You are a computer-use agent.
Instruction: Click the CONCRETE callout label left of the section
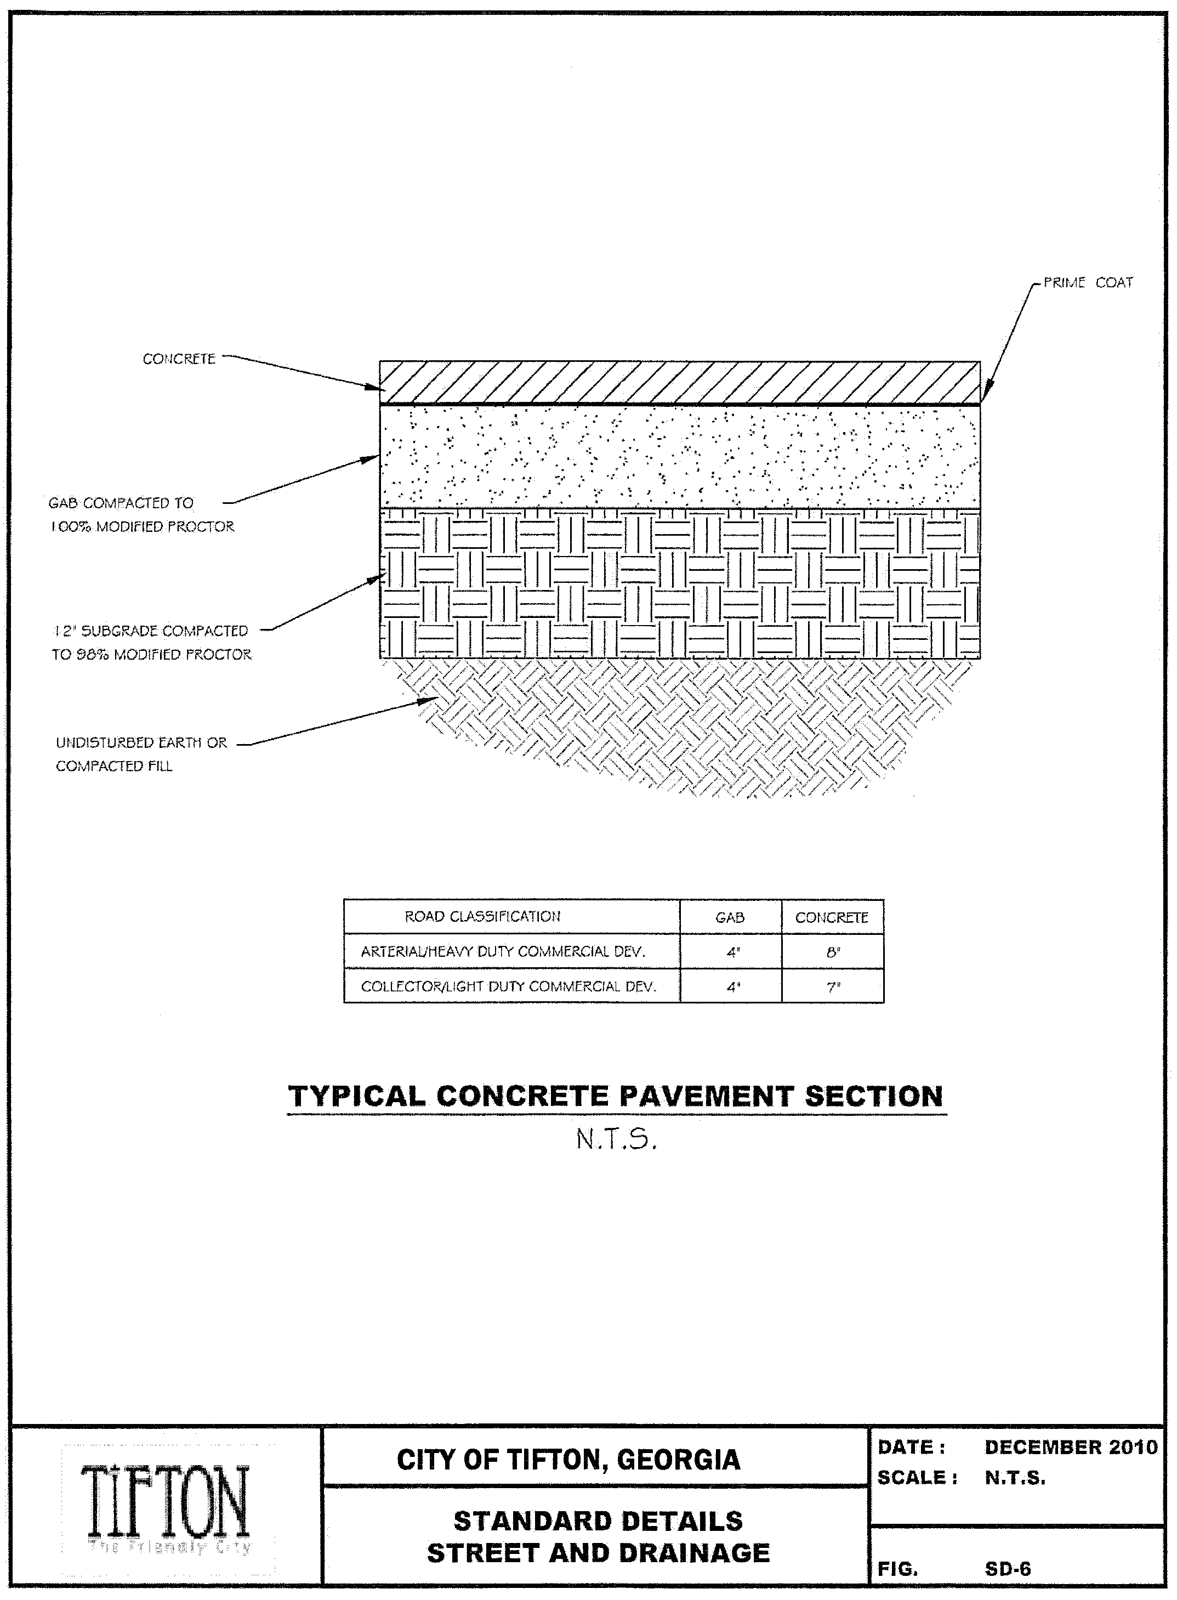179,359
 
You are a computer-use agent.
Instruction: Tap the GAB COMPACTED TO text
121,503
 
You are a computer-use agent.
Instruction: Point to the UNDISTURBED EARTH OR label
141,742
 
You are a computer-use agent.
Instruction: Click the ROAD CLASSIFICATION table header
482,917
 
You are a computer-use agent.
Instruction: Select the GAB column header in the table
730,918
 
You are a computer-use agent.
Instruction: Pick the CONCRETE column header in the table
832,918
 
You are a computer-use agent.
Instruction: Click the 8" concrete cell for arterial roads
833,951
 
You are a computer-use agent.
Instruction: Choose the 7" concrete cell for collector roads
833,987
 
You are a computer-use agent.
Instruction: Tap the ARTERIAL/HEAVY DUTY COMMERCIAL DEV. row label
503,951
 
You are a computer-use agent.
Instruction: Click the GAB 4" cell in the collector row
732,987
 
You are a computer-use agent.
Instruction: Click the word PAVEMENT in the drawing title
706,1096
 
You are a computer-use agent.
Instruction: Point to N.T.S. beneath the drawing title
616,1141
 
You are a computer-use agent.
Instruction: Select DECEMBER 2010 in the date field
1071,1448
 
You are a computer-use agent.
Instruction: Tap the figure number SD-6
1008,1569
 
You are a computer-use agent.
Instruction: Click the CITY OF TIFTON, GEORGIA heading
568,1460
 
